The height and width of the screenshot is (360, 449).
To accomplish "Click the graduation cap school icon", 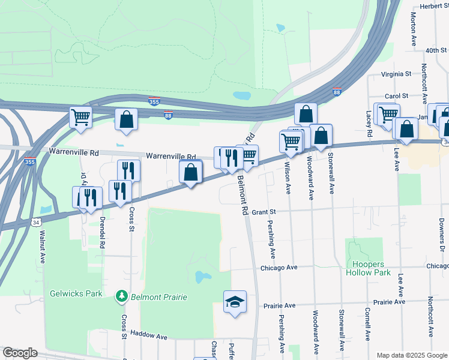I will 235,301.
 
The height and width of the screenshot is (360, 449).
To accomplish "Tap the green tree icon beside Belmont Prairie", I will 121,296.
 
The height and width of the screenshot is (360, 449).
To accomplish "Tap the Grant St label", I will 263,212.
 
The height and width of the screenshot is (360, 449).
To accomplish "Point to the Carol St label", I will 396,95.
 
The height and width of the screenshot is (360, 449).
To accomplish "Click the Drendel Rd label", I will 103,233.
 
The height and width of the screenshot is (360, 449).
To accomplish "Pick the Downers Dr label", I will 441,235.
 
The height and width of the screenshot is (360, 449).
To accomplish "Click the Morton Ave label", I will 414,31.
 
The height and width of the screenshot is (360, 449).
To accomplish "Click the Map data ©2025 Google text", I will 411,355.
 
